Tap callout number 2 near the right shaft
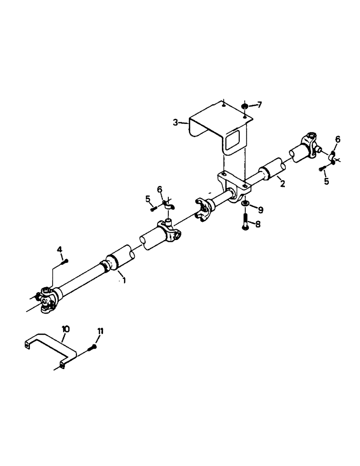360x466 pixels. click(x=282, y=184)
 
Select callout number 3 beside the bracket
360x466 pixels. click(x=175, y=123)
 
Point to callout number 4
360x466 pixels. click(x=60, y=250)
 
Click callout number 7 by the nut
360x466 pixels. click(x=260, y=105)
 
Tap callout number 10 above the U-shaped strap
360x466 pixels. click(x=65, y=329)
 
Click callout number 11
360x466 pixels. click(x=100, y=331)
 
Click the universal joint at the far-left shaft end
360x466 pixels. click(x=47, y=298)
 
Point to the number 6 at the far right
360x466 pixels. click(x=338, y=139)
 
